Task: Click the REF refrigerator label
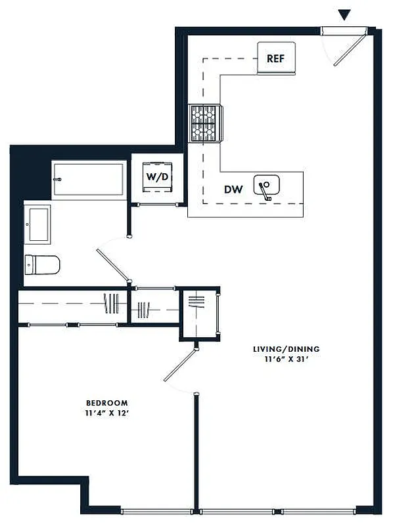[x=275, y=58]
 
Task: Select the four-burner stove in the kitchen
[x=206, y=123]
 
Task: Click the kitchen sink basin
[x=267, y=186]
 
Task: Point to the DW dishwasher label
[x=233, y=190]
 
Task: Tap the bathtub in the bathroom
[x=89, y=178]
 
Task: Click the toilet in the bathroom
[x=41, y=265]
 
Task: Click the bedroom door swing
[x=179, y=366]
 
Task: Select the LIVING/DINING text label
[x=287, y=349]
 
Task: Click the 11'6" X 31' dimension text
[x=287, y=360]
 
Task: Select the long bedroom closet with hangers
[x=72, y=305]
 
